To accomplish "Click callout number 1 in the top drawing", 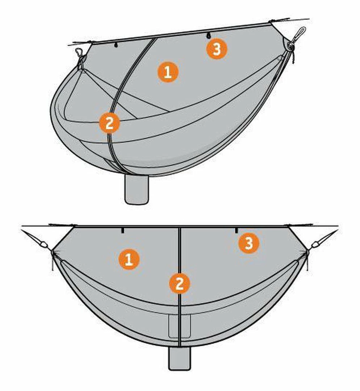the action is (168, 72).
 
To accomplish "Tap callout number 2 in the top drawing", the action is (109, 123).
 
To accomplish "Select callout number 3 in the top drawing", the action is (217, 49).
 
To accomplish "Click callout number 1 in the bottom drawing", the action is (129, 259).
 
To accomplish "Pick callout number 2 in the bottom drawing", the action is (179, 283).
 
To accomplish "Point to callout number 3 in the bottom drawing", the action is (249, 243).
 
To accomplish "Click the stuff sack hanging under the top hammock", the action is (137, 189).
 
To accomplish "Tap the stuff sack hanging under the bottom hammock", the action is (179, 358).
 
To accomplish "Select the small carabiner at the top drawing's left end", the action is (79, 52).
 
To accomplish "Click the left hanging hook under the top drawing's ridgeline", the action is (116, 45).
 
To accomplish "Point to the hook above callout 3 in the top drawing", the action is (208, 35).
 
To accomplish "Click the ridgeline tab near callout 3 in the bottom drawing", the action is (236, 230).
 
